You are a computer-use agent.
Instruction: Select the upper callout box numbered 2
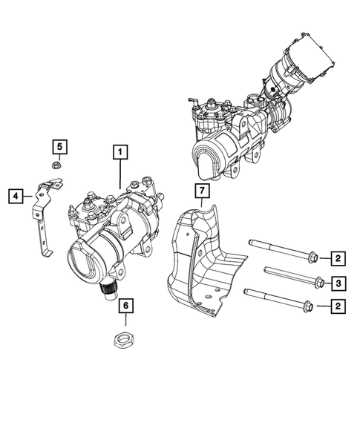pos(337,258)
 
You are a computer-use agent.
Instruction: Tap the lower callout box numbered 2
pos(337,305)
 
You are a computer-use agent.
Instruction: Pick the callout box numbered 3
pos(337,282)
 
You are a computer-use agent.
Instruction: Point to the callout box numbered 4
pos(14,197)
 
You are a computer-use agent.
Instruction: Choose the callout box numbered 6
pos(125,306)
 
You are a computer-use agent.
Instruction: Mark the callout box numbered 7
pos(198,192)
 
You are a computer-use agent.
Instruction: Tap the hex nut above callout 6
pos(125,341)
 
